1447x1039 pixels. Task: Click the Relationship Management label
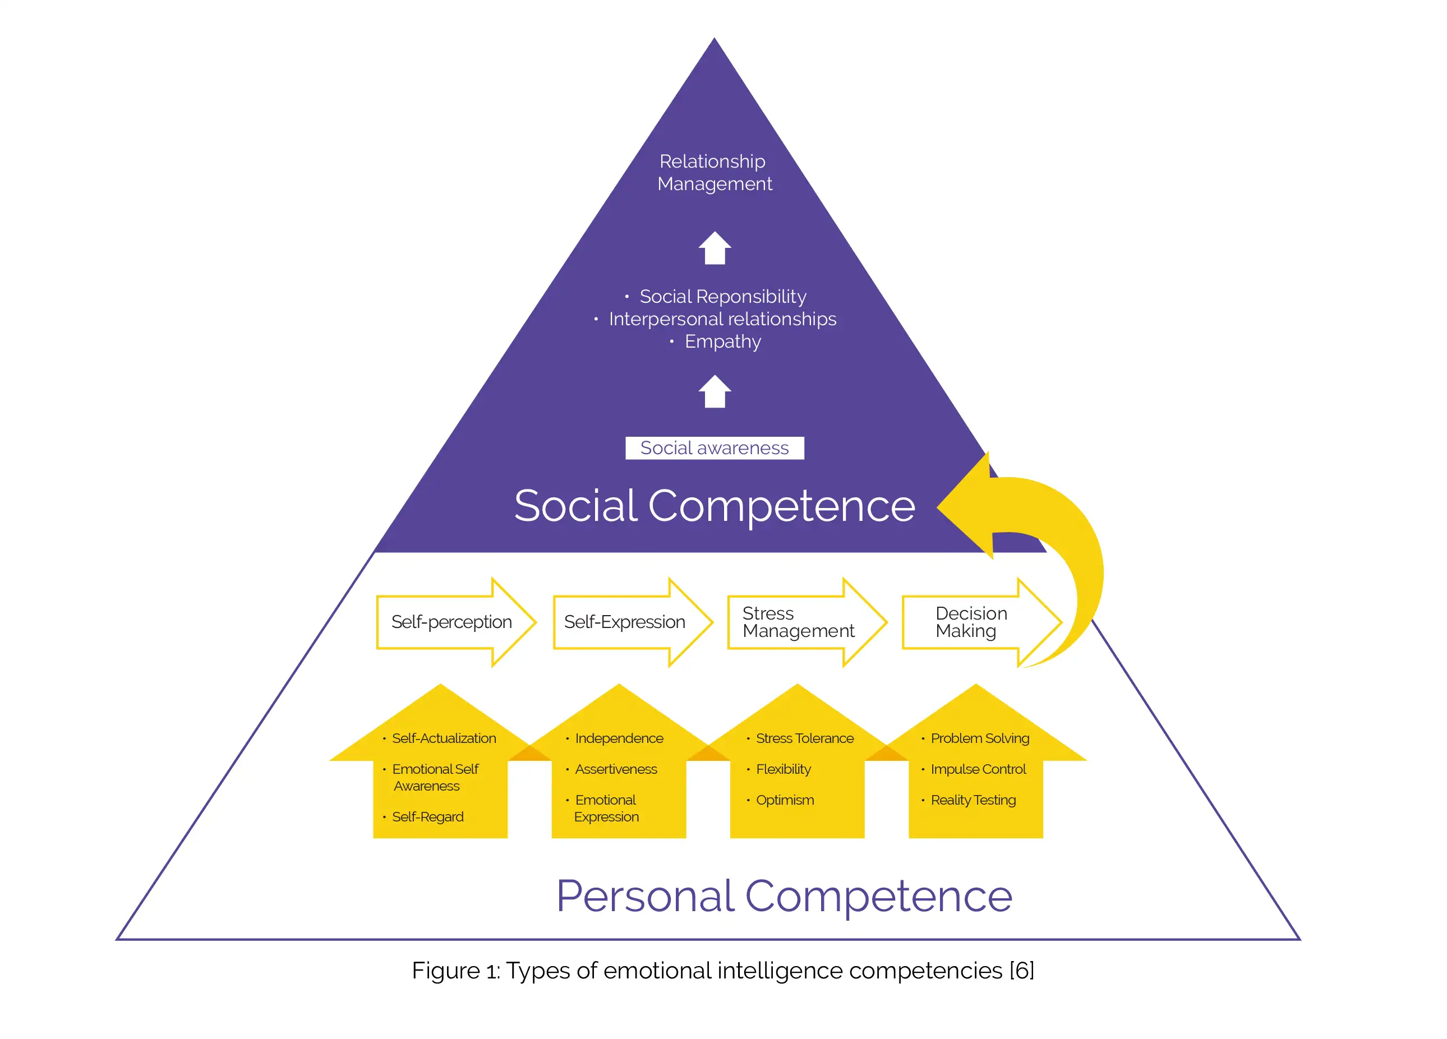714,172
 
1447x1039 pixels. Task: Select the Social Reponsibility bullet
722,297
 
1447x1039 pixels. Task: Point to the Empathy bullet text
722,342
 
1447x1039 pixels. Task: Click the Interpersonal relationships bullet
722,319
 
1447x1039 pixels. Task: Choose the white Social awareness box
714,448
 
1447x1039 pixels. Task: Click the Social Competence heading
714,506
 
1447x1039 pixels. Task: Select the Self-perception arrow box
451,622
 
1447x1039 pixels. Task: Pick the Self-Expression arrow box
625,622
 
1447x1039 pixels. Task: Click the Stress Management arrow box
799,622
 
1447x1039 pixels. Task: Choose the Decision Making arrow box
972,622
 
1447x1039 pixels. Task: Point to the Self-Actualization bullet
444,738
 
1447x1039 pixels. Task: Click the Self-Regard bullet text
427,817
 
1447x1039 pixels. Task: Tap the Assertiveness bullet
616,769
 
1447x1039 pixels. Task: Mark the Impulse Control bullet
978,769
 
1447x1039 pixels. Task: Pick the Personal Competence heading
784,896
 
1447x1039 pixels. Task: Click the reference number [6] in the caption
1021,971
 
